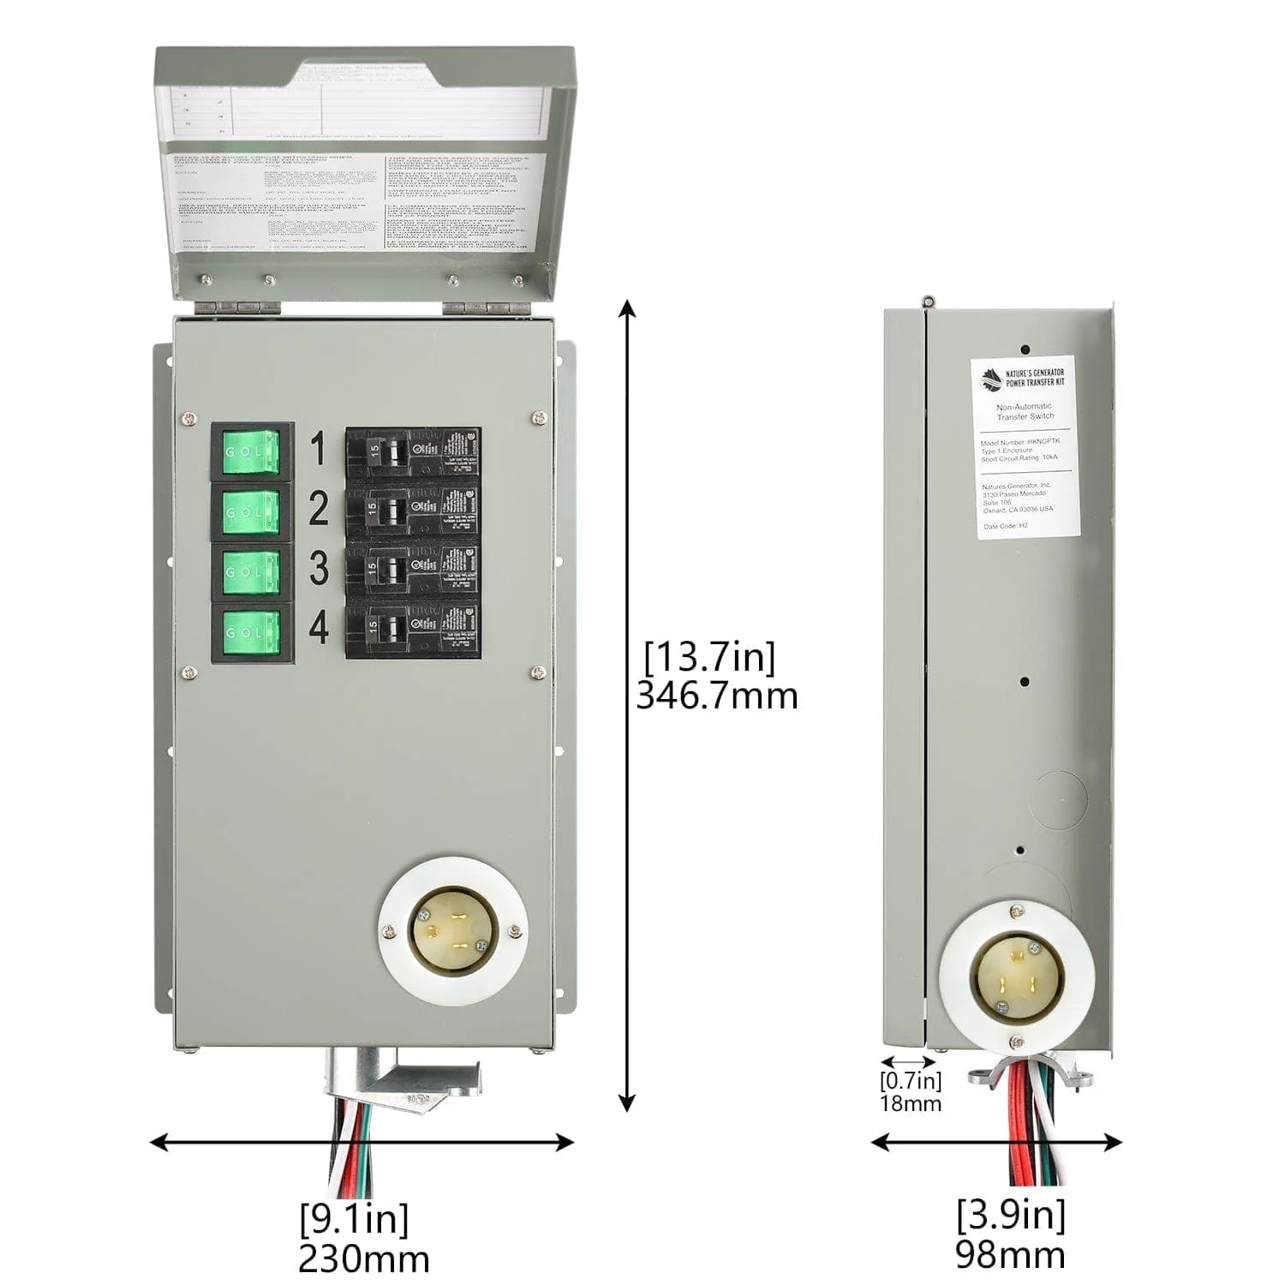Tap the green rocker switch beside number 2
tap(252, 511)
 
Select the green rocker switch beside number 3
tap(252, 571)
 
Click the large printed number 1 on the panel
tap(319, 449)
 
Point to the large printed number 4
tap(319, 628)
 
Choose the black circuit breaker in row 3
tap(413, 571)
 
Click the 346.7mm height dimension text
tap(716, 696)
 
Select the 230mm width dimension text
tap(363, 1259)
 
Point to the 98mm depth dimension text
tap(1011, 1255)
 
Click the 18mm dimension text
tap(910, 1103)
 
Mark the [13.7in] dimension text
tap(709, 657)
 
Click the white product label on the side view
tap(1025, 447)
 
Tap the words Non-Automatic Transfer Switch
tap(1025, 411)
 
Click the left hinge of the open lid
tap(236, 306)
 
